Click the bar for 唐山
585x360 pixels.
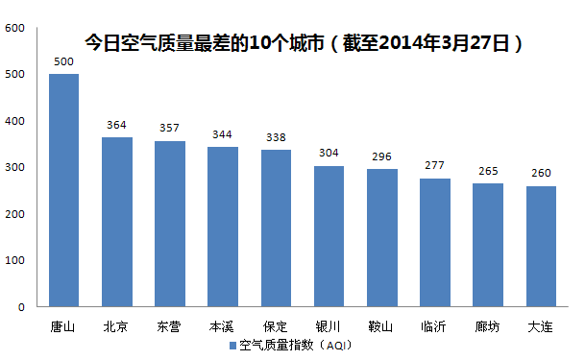[63, 190]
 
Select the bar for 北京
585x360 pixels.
[117, 222]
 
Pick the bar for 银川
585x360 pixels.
[329, 236]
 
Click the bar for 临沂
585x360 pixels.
[435, 242]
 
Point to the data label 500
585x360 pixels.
[63, 62]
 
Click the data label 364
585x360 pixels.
[117, 126]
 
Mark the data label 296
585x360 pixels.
[382, 157]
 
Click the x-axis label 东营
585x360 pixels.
[169, 326]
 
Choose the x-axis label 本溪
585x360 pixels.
[223, 326]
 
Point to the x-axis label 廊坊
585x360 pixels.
[488, 326]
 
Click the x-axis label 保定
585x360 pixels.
[276, 326]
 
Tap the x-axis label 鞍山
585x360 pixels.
[382, 326]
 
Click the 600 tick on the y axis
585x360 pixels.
[15, 28]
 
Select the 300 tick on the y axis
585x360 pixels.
[15, 167]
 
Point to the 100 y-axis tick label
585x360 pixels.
[15, 260]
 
